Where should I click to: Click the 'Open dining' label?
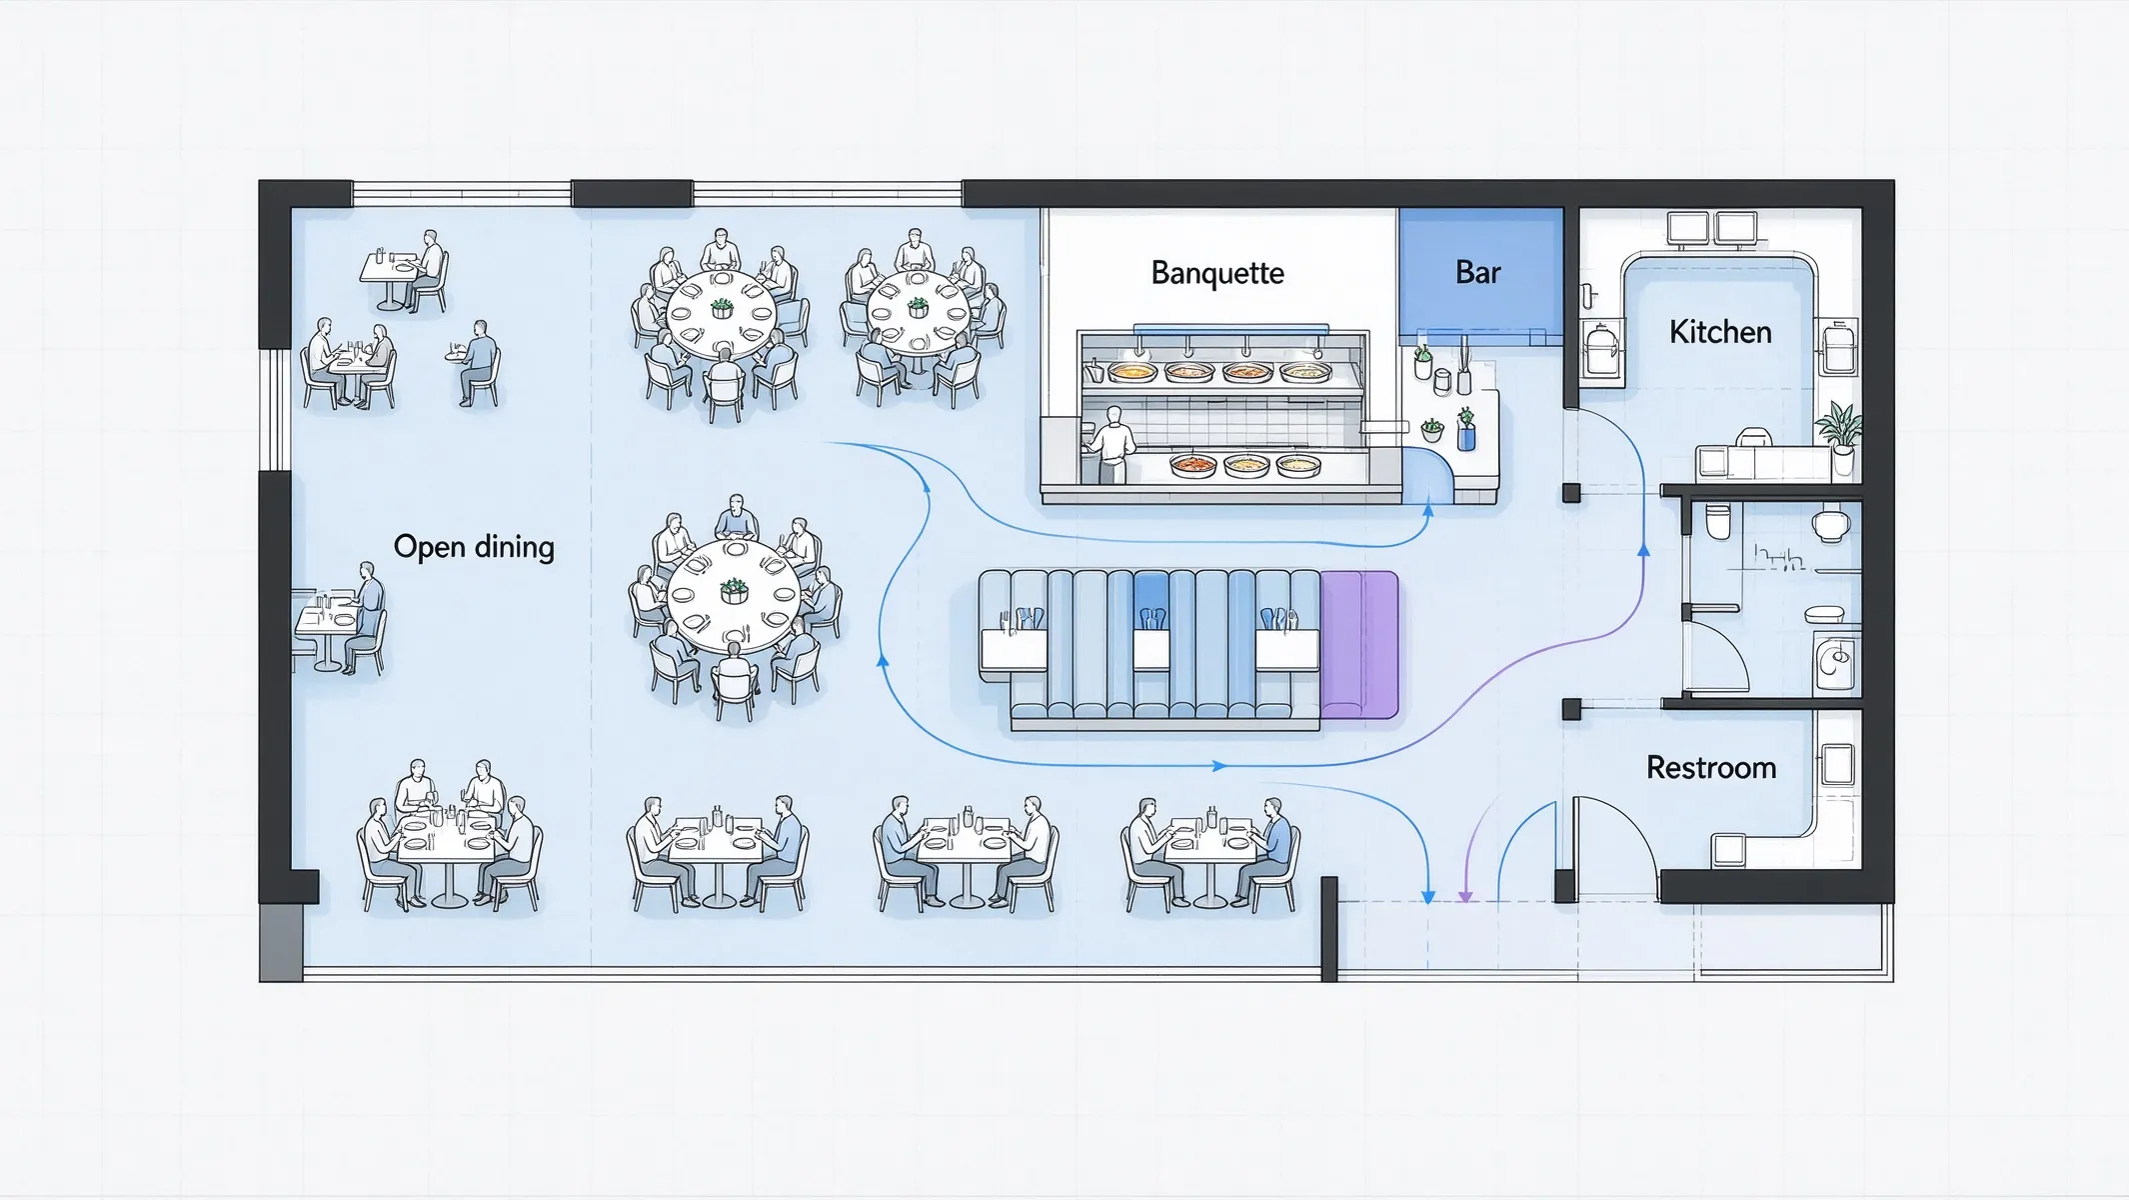[474, 547]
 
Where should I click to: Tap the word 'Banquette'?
[1217, 273]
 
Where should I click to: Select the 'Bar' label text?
[1478, 272]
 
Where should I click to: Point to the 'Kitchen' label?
[1720, 332]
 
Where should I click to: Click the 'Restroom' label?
[1711, 768]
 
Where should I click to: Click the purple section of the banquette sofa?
[1359, 644]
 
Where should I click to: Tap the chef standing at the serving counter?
[1110, 445]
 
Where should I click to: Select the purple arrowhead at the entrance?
[1464, 896]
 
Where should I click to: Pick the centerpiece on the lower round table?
[734, 591]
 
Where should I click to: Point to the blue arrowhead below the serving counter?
[1427, 511]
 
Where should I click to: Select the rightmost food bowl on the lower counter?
[1297, 465]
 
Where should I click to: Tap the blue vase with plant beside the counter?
[1465, 429]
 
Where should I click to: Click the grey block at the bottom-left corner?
[281, 943]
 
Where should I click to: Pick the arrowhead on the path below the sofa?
[1218, 766]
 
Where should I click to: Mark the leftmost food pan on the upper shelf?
[1132, 372]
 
